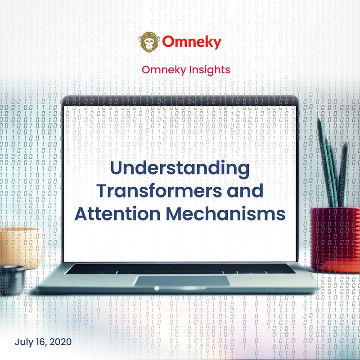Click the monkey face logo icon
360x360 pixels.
click(x=148, y=42)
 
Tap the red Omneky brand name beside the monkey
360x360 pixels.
click(x=192, y=42)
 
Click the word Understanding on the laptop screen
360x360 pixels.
click(x=180, y=169)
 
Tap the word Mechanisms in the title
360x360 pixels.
click(x=226, y=213)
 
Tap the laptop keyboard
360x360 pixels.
click(x=180, y=269)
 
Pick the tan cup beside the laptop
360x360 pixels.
click(x=18, y=245)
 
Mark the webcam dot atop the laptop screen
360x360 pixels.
click(x=180, y=100)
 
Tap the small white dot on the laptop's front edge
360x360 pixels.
click(x=157, y=288)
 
